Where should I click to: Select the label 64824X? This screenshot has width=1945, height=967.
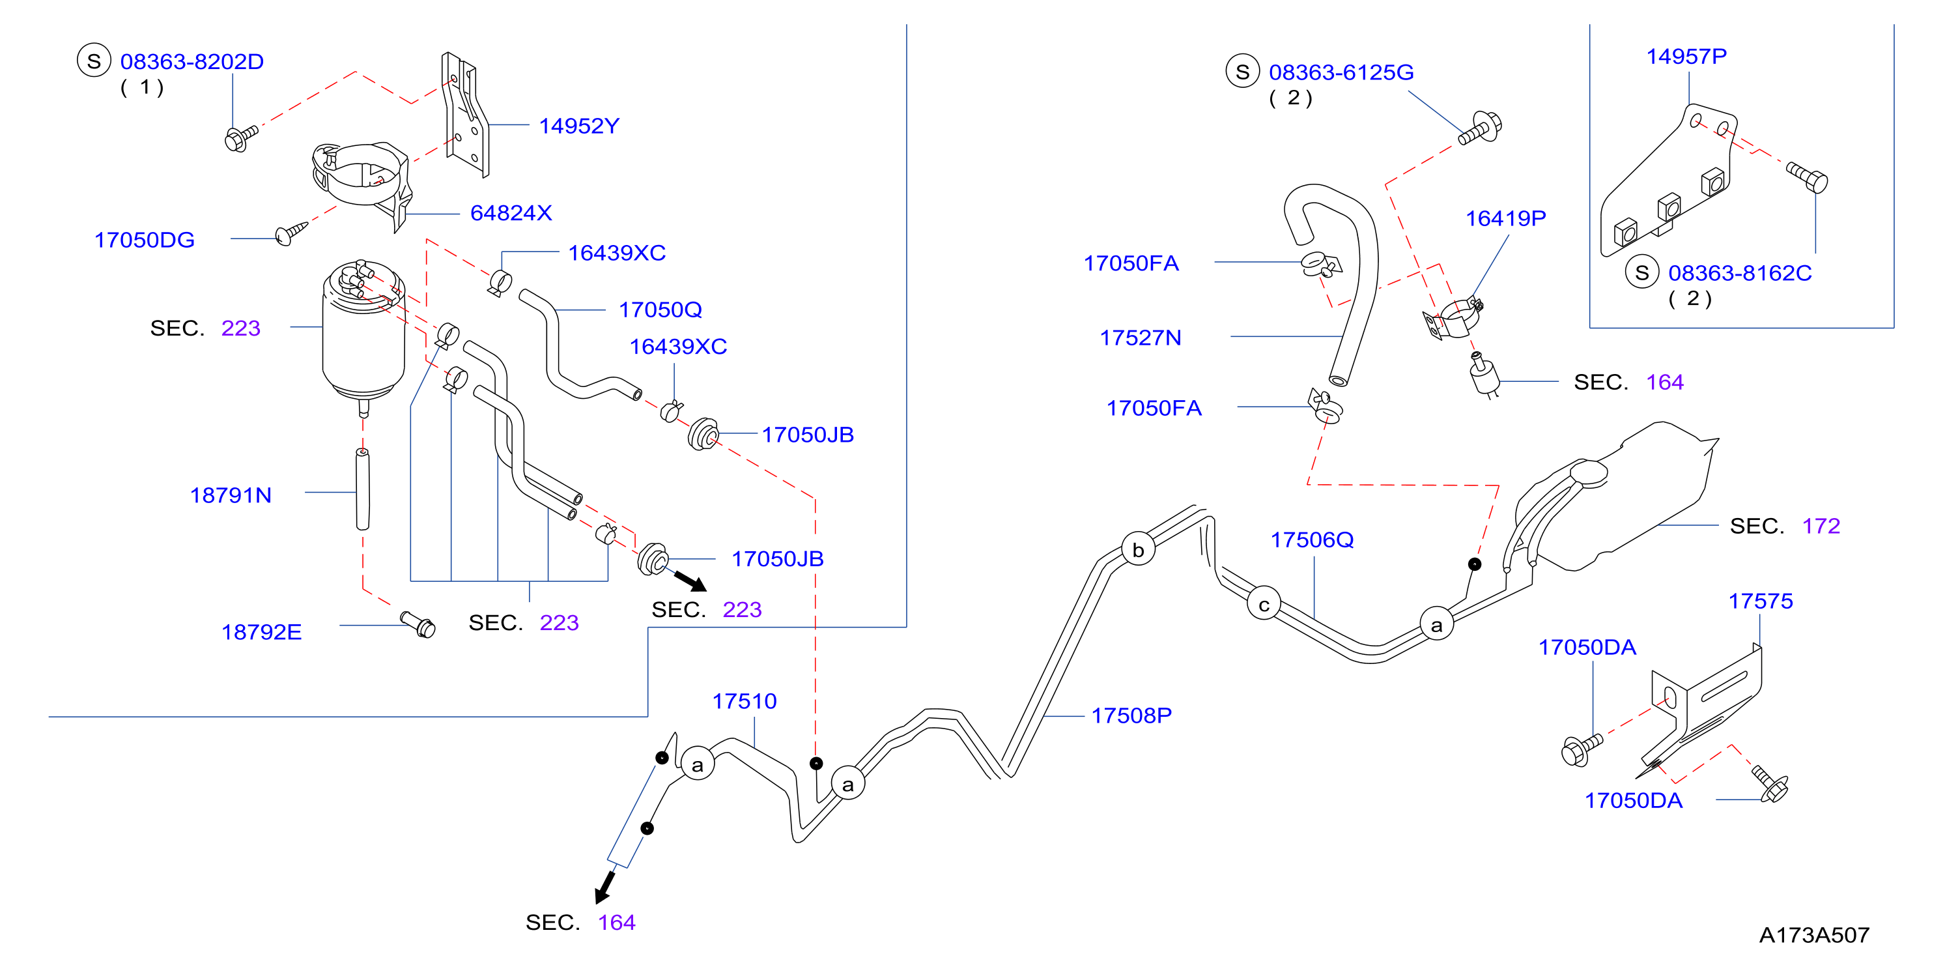coord(511,213)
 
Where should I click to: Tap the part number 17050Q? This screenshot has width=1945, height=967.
coord(660,310)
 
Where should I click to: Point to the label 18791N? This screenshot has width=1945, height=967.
coord(231,496)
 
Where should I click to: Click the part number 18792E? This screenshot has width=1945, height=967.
coord(261,632)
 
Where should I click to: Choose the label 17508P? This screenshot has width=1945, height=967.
coord(1132,715)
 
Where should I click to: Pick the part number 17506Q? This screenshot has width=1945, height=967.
coord(1313,540)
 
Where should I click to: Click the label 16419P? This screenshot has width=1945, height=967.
coord(1505,218)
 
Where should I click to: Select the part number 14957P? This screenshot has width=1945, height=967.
coord(1686,57)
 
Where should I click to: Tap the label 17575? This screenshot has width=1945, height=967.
coord(1761,601)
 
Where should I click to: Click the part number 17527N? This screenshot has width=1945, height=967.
coord(1141,338)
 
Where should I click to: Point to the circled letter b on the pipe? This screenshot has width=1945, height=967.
coord(1138,549)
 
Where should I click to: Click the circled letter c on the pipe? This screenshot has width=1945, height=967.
coord(1264,605)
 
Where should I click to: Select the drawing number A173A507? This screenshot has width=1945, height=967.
coord(1814,935)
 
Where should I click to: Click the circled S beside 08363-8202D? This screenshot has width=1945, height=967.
coord(94,61)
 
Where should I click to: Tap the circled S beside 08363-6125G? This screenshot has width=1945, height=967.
coord(1243,71)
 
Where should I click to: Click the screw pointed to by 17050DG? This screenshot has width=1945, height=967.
coord(291,233)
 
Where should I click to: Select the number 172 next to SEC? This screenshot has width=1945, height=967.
coord(1821,526)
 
